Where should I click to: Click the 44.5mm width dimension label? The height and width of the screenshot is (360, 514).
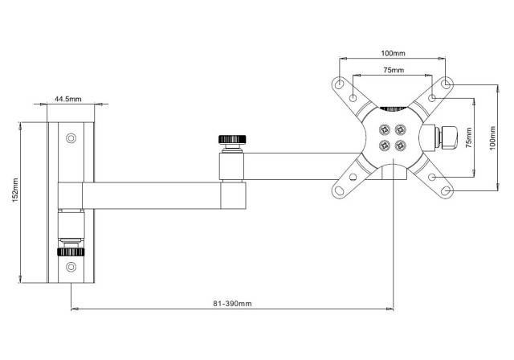(68, 99)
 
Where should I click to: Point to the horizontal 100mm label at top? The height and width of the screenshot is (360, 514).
(392, 53)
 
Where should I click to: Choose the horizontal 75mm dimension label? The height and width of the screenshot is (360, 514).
(392, 71)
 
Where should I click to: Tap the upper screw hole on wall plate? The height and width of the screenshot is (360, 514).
(72, 138)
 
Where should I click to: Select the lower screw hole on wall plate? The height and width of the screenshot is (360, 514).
(72, 266)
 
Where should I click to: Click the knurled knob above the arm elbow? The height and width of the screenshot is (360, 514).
(234, 140)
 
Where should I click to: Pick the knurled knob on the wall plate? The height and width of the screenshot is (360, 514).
(72, 251)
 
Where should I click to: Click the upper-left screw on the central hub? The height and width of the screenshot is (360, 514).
(384, 128)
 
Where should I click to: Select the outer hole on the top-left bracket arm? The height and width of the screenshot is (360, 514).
(340, 84)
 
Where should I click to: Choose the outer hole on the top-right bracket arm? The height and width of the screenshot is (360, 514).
(447, 84)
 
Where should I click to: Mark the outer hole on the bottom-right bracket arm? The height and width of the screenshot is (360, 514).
(447, 190)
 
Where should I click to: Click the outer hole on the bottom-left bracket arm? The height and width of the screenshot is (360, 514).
(340, 190)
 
